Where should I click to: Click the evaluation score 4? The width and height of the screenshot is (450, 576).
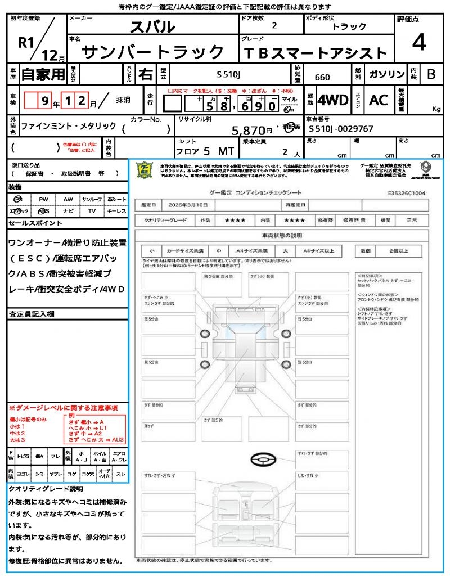click(418, 43)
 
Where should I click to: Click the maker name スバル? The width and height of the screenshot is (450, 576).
click(152, 26)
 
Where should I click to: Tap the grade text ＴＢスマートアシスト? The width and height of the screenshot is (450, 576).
click(316, 53)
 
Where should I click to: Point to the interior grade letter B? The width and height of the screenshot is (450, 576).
click(431, 74)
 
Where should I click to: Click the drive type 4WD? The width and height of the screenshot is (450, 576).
click(332, 100)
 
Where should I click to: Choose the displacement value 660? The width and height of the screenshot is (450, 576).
click(322, 78)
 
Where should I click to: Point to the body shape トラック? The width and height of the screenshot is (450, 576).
click(349, 26)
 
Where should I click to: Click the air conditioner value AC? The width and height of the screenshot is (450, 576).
click(379, 100)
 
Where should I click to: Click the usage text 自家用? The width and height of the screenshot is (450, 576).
click(43, 74)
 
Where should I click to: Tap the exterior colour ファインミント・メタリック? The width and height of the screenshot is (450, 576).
click(69, 126)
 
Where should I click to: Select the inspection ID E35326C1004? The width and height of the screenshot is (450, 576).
click(406, 192)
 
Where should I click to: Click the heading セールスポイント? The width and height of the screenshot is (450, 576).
click(35, 223)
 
